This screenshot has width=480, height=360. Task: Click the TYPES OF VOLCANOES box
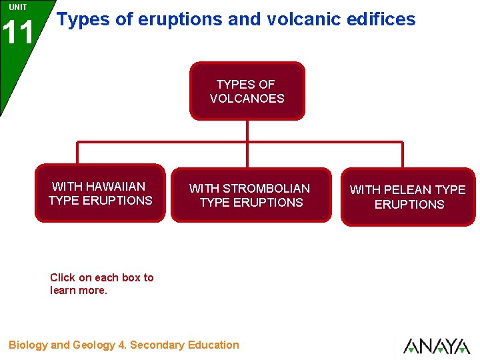tap(247, 91)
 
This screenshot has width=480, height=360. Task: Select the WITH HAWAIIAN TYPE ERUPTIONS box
tap(100, 193)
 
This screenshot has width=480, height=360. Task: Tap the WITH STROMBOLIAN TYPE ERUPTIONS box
tap(251, 195)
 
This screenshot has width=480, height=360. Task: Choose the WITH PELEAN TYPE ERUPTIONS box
tap(408, 197)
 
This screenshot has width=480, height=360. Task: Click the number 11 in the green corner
tap(18, 33)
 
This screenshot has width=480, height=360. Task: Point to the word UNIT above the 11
tap(18, 7)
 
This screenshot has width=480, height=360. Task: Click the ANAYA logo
tap(436, 346)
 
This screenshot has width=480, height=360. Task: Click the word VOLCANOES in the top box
tap(247, 99)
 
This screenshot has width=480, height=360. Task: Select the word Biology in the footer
tap(28, 345)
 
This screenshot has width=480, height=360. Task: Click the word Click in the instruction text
tap(63, 277)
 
